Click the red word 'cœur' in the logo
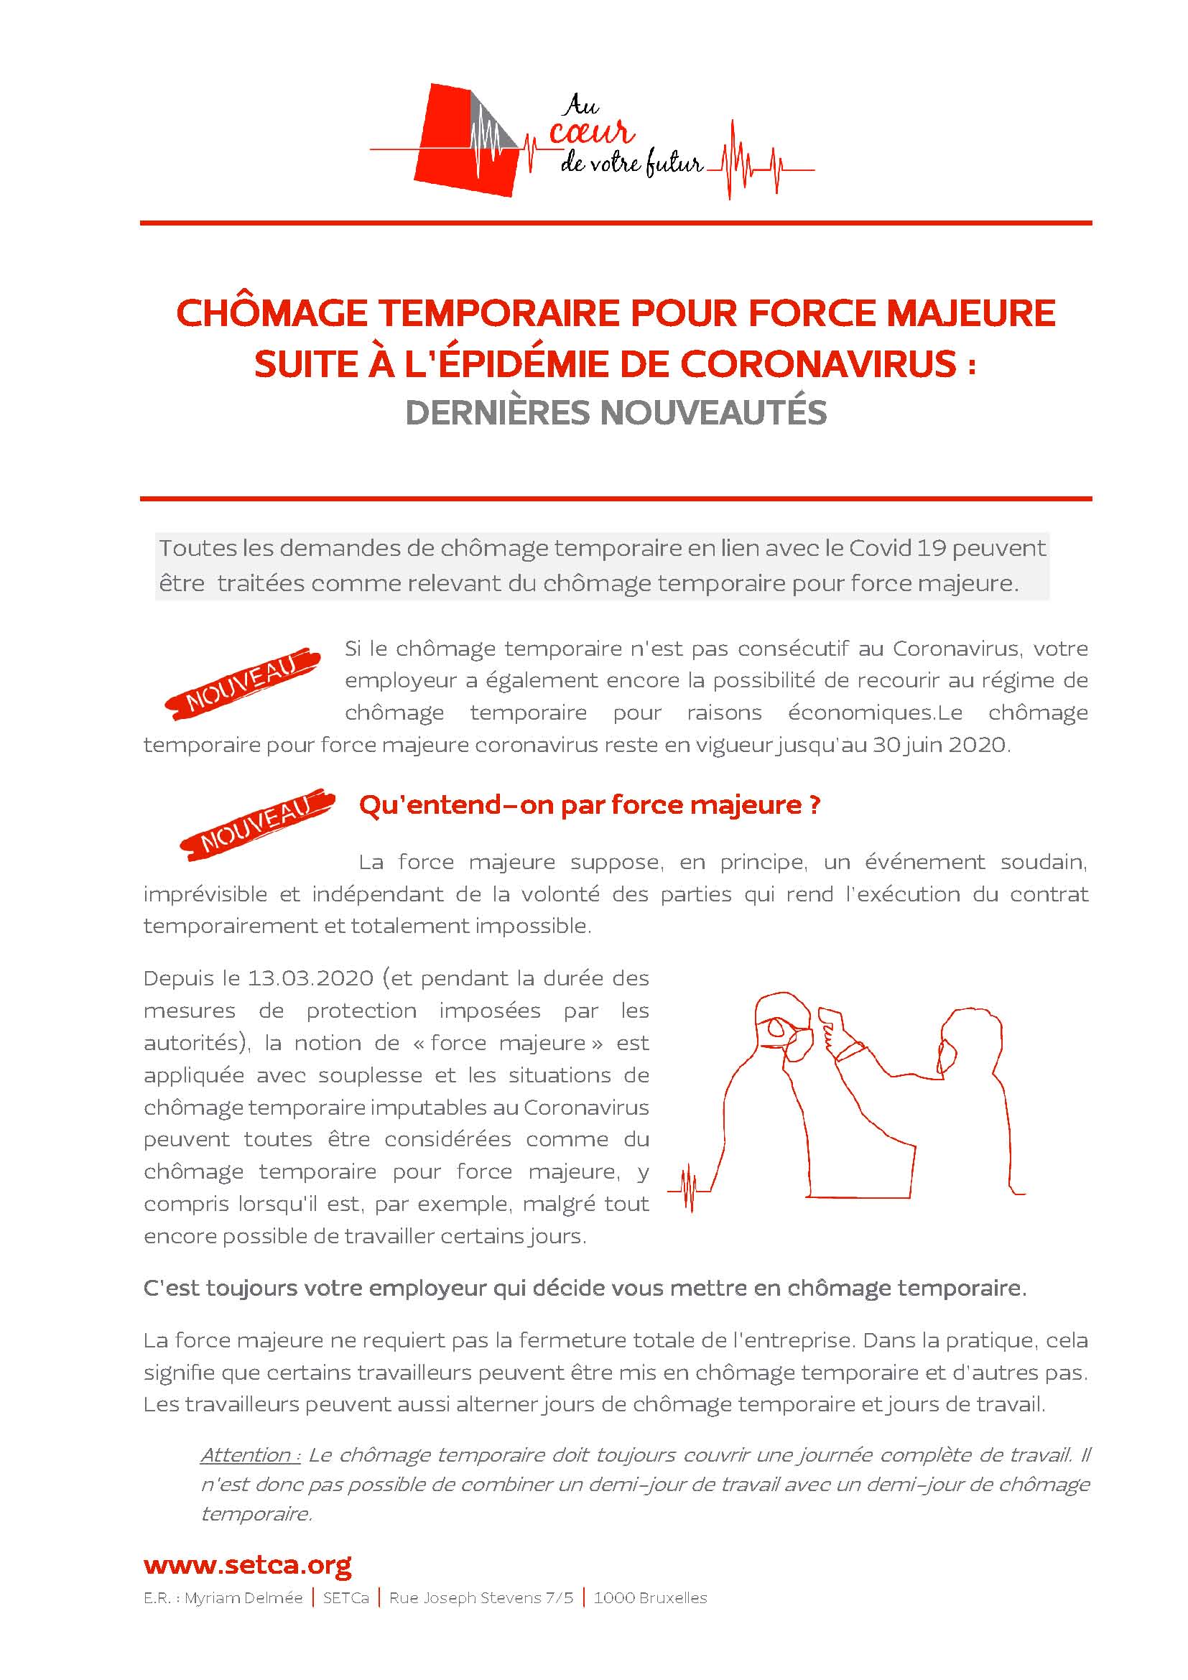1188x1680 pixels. (x=591, y=134)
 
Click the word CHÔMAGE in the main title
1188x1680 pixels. (x=272, y=313)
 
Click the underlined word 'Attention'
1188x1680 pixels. (x=246, y=1454)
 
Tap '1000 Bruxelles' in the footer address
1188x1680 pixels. (x=650, y=1598)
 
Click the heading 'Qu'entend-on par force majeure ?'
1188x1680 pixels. (x=590, y=805)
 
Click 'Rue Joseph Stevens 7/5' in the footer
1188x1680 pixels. (x=481, y=1598)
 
